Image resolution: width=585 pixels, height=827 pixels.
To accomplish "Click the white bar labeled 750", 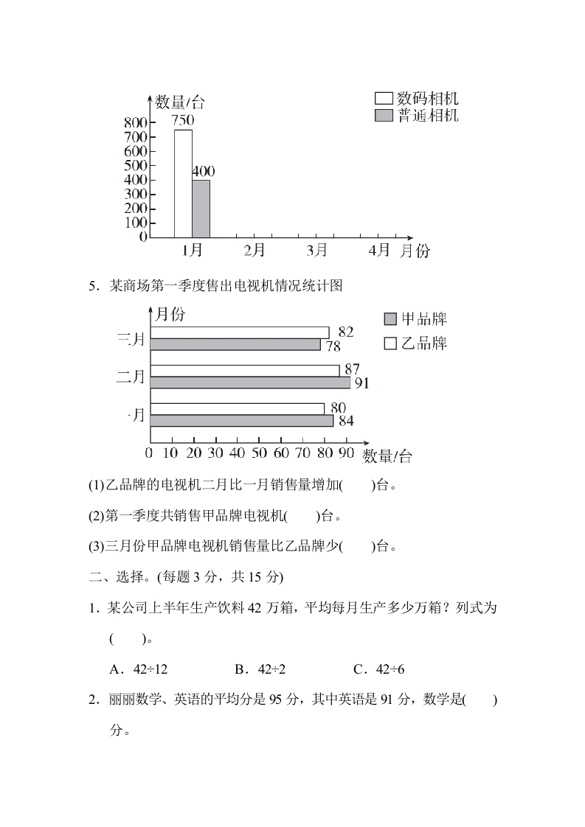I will click(183, 184).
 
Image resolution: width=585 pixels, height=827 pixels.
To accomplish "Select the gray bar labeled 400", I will click(201, 209).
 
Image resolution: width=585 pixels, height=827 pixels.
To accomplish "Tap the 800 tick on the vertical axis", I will click(136, 122).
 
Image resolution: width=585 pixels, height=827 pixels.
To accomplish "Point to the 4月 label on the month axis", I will click(379, 251).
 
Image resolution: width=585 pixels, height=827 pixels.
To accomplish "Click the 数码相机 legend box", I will click(384, 98).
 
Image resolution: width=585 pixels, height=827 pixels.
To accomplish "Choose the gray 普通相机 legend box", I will click(384, 116).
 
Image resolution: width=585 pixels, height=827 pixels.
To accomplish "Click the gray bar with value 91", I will click(250, 383).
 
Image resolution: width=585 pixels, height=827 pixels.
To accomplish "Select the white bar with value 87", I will click(245, 370).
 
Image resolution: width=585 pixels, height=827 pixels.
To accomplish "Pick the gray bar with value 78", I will click(235, 344).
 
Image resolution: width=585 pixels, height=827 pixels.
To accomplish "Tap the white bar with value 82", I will click(240, 332).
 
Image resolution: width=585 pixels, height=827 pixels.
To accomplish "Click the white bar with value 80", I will click(238, 408).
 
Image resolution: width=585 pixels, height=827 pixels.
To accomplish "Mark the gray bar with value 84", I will click(242, 421).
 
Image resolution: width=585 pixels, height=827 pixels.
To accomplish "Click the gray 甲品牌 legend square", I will click(391, 319).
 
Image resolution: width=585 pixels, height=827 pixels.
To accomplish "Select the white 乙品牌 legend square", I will click(391, 343).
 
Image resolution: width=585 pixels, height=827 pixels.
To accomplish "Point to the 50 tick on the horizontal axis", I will click(259, 452).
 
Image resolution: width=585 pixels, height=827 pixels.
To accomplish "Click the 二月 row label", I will click(131, 377).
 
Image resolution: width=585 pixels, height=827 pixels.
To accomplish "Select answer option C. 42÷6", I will click(379, 669).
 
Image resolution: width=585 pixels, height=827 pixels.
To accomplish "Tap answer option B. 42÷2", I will click(260, 669).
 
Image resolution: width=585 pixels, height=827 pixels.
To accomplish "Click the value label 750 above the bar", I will click(182, 119).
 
